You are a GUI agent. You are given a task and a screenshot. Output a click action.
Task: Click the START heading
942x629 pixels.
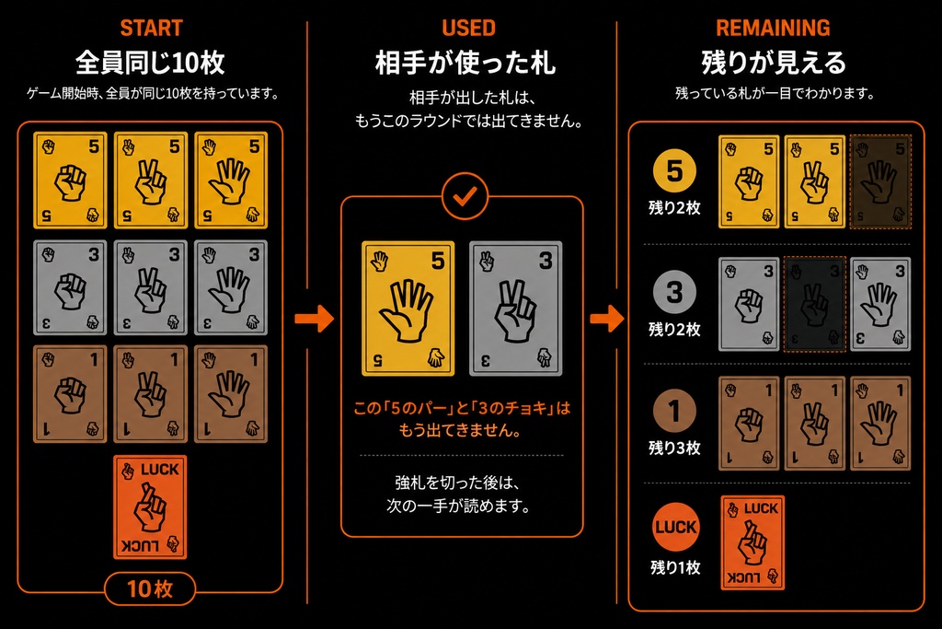151,28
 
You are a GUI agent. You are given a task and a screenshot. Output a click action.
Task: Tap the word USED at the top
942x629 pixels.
468,28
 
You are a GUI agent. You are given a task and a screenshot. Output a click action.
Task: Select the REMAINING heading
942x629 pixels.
773,28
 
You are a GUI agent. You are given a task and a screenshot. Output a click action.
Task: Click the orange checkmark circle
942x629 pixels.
465,196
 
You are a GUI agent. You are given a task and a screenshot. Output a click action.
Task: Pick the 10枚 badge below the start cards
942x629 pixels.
150,588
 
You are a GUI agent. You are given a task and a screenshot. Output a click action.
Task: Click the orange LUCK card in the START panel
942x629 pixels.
150,507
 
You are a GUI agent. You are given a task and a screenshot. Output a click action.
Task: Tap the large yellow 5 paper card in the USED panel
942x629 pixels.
408,309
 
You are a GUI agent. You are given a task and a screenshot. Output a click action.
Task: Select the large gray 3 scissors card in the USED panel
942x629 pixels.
515,309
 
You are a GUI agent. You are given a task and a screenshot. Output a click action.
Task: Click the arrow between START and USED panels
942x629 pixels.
315,318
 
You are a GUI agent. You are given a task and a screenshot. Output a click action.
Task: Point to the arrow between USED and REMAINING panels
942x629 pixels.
607,318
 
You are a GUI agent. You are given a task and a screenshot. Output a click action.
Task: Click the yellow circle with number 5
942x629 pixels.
674,171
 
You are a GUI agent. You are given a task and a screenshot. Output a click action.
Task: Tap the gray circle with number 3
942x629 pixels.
674,293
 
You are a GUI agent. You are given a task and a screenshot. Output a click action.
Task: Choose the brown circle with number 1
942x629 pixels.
674,412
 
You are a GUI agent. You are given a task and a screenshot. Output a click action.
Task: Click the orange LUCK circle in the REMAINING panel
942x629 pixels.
676,528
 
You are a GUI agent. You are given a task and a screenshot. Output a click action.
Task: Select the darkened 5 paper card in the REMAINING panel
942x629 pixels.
880,181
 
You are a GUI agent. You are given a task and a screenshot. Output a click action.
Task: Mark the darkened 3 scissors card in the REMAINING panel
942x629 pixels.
815,304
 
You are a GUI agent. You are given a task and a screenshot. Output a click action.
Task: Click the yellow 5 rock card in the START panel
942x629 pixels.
70,180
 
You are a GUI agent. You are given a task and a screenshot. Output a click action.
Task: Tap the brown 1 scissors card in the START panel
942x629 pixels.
150,394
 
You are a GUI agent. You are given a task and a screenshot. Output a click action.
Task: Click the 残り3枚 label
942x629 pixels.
674,448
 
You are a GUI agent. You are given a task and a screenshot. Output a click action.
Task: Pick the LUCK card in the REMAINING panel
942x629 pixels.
752,542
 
